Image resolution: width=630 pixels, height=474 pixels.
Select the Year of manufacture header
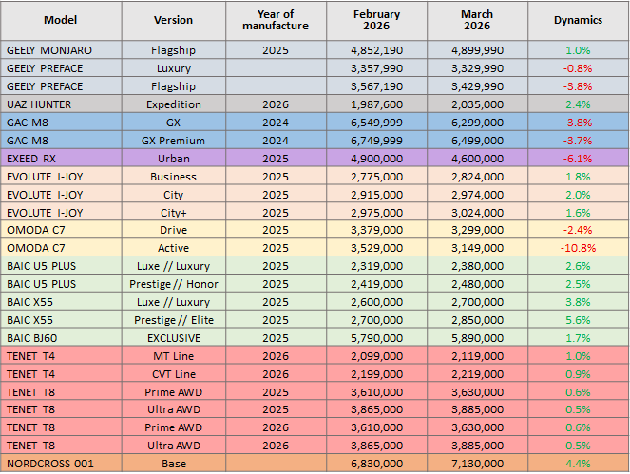[275, 20]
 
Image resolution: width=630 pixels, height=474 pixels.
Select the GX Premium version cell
[173, 140]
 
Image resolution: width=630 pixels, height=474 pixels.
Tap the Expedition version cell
[173, 104]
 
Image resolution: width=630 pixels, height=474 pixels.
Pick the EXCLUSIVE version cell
[173, 337]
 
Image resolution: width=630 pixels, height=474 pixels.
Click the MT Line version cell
[173, 355]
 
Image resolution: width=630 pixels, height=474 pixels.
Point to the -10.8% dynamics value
[578, 248]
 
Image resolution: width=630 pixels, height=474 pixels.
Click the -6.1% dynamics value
[578, 158]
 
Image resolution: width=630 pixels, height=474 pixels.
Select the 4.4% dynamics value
[578, 463]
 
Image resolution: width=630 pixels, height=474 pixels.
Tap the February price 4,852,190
[376, 50]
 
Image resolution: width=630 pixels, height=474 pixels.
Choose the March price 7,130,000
[478, 463]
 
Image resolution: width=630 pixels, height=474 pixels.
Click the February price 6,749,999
[376, 140]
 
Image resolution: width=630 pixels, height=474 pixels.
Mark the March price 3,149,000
[478, 248]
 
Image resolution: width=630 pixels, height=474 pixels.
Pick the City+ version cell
[173, 212]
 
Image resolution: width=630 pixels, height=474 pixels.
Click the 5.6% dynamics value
[578, 319]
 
